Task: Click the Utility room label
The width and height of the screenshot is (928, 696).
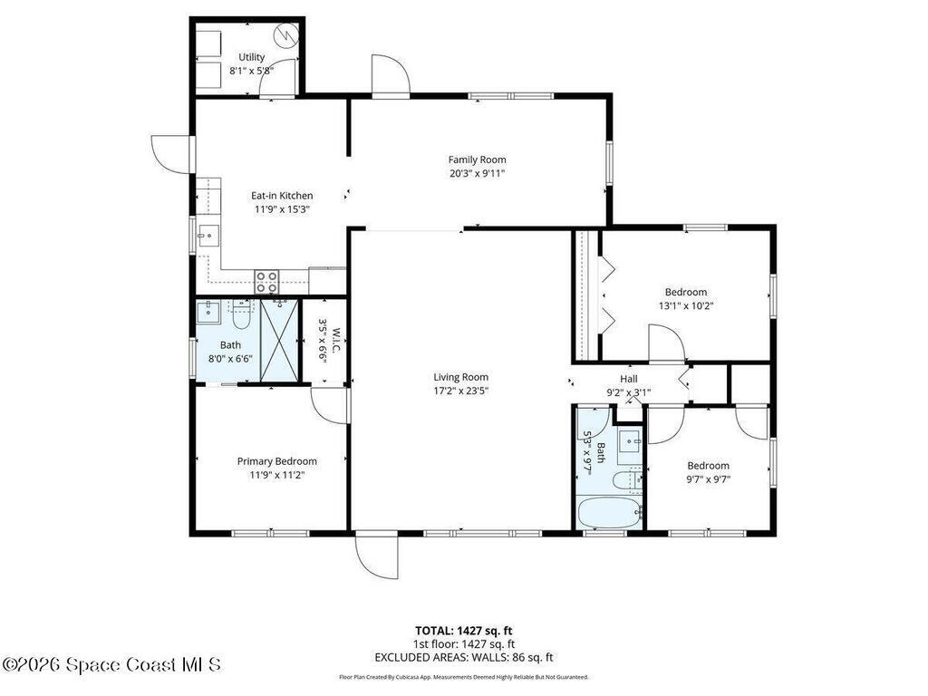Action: (252, 57)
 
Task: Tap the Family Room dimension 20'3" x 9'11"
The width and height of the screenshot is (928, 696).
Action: (477, 173)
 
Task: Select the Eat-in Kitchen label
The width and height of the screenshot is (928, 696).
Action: (282, 196)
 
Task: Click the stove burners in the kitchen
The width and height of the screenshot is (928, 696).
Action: (266, 281)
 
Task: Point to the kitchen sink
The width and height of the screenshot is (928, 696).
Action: (208, 236)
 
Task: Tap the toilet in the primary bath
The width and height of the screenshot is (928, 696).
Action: (241, 314)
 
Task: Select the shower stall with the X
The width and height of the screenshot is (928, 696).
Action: (279, 341)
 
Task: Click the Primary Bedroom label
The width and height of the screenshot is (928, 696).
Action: (277, 461)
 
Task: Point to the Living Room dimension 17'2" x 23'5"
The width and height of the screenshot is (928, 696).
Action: (460, 391)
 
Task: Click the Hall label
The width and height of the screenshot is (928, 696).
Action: (629, 379)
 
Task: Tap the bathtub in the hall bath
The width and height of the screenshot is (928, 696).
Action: (610, 513)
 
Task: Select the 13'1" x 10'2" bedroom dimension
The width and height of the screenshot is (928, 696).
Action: (686, 306)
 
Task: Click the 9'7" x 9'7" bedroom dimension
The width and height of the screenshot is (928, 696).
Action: (708, 479)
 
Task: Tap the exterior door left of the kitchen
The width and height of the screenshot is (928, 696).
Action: (171, 154)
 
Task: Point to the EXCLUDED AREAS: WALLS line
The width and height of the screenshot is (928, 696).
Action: (463, 657)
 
